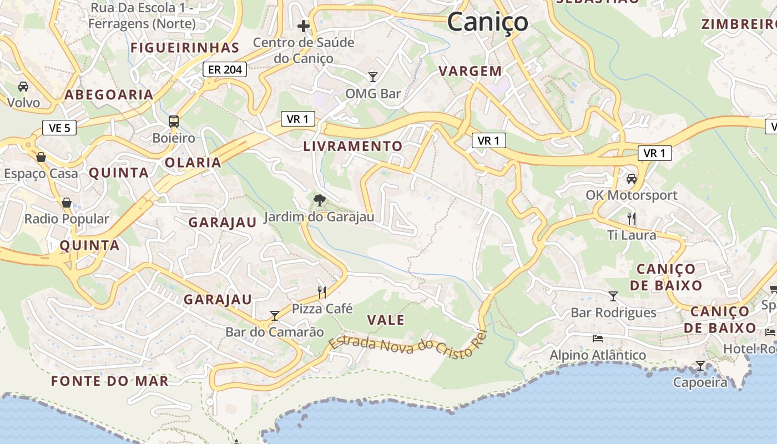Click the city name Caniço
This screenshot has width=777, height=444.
[x=487, y=22]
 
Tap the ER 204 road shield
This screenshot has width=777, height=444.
[x=224, y=69]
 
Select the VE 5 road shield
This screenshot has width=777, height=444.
[x=59, y=128]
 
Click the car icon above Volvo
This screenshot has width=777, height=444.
[x=23, y=87]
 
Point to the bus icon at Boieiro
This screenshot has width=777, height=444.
[x=174, y=121]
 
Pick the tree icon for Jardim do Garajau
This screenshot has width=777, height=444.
[x=319, y=200]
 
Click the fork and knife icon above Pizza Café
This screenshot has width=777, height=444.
[x=322, y=291]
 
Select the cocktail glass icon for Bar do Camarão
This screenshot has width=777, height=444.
[x=274, y=316]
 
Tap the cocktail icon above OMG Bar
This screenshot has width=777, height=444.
[x=373, y=77]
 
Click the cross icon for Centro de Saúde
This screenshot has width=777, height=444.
[x=303, y=26]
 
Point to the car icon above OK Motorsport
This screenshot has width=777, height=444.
[x=632, y=179]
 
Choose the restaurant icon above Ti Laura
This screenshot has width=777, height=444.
[x=631, y=218]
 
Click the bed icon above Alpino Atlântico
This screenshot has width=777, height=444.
[x=597, y=338]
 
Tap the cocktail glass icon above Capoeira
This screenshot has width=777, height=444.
[x=700, y=366]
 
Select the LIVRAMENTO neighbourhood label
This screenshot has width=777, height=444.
[x=353, y=146]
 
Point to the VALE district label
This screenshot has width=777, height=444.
[x=386, y=320]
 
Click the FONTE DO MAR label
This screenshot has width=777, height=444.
[x=109, y=381]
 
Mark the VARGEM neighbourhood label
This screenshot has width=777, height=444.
[x=470, y=71]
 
